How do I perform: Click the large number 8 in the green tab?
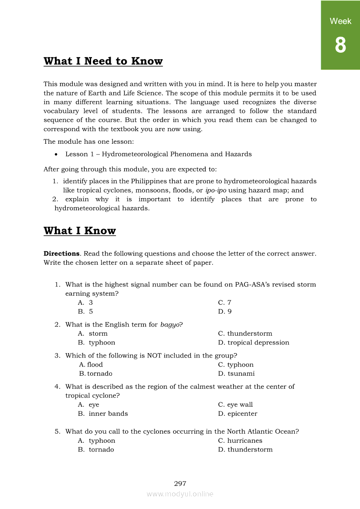tap(340, 45)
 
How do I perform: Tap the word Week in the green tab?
tap(340, 21)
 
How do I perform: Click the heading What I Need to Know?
tap(103, 61)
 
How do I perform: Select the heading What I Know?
tap(80, 231)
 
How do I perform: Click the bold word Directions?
tap(61, 253)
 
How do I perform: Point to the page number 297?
tap(180, 483)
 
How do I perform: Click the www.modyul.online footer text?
tap(180, 494)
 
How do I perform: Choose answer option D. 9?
tap(225, 311)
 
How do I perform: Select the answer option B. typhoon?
tap(97, 343)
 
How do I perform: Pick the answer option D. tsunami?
tap(236, 374)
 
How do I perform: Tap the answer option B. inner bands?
tap(103, 414)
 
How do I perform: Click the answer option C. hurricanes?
tap(240, 441)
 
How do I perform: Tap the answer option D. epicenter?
tap(238, 414)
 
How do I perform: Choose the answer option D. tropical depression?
tap(254, 343)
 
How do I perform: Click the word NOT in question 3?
tap(154, 355)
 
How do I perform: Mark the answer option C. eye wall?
tap(235, 405)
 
